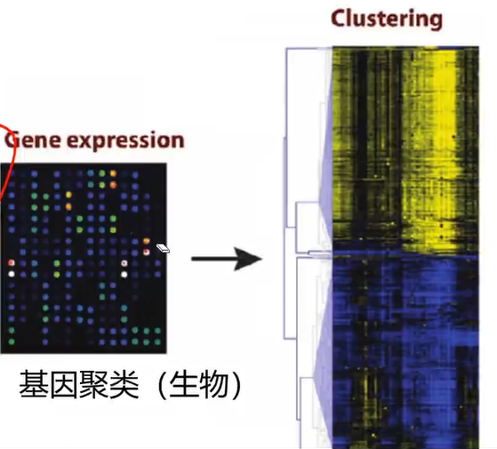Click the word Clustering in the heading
click(x=387, y=19)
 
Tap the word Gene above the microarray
click(x=32, y=140)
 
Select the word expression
click(x=125, y=140)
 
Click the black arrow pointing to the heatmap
click(x=227, y=259)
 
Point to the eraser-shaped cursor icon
click(x=163, y=248)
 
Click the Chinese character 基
click(x=34, y=384)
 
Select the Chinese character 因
click(x=64, y=384)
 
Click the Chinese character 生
click(x=183, y=384)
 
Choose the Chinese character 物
click(x=213, y=384)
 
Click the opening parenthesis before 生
click(x=161, y=385)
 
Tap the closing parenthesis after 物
click(x=236, y=385)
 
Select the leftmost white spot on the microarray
click(x=12, y=274)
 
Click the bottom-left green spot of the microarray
click(x=12, y=342)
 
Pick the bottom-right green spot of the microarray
click(x=157, y=342)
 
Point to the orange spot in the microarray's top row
click(x=113, y=173)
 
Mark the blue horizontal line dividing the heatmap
click(x=405, y=255)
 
